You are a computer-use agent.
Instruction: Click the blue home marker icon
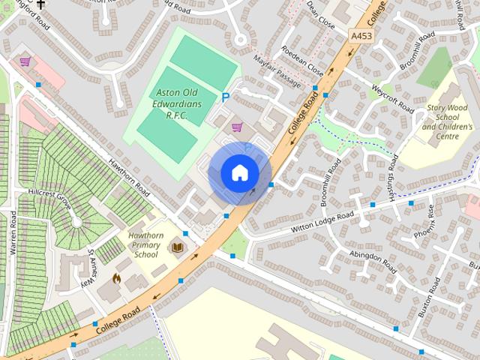click(239, 173)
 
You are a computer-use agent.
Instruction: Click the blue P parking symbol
click(225, 97)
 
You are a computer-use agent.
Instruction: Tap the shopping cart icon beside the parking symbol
click(237, 127)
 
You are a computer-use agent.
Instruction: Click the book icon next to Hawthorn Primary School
click(178, 246)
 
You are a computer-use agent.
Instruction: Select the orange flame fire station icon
click(116, 278)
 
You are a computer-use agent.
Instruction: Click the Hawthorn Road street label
click(129, 177)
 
